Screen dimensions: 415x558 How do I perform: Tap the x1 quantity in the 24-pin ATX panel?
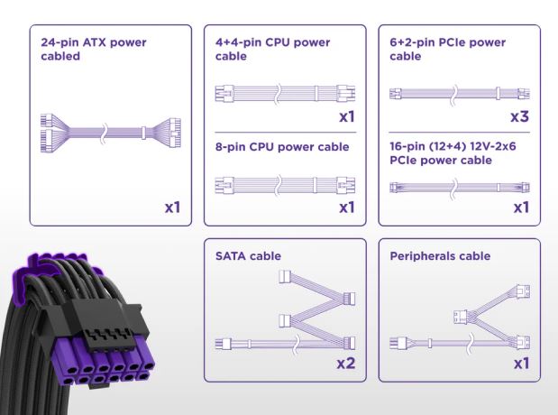point(172,207)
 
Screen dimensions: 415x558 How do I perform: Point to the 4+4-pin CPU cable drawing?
point(284,94)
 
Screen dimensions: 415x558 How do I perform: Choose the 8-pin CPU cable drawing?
point(284,185)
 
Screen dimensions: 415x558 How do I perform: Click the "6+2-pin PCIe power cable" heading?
point(447,51)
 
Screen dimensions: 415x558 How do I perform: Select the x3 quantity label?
point(518,117)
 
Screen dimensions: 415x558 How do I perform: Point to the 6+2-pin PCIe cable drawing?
point(458,94)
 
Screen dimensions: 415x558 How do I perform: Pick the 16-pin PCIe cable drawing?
point(458,188)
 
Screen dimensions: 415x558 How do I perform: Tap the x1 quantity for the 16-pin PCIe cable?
point(520,207)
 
